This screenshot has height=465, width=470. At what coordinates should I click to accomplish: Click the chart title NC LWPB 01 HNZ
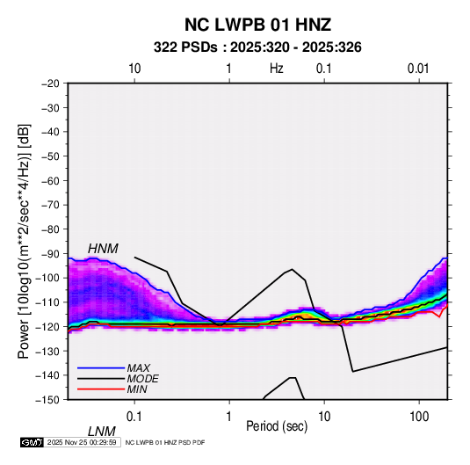coord(257,25)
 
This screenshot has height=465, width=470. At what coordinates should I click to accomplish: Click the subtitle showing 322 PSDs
coord(257,47)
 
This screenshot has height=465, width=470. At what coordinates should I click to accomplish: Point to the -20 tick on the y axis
coord(50,84)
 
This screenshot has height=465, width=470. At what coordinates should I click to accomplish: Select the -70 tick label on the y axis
coord(50,205)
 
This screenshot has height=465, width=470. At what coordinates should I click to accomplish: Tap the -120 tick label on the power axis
coord(48,326)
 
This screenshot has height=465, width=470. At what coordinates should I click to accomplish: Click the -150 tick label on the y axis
coord(48,400)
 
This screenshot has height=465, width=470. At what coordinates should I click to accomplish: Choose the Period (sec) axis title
coord(277,426)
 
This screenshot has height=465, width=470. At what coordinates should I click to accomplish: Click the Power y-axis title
coord(24,242)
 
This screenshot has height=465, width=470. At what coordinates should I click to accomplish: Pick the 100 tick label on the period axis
coord(419,417)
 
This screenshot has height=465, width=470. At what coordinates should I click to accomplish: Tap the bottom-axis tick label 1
coord(229,417)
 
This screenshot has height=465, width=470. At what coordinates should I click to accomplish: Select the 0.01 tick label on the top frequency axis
coord(418,69)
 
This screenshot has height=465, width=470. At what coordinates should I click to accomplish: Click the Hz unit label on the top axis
coord(277,69)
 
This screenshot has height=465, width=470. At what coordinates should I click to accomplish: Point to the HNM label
coord(103,249)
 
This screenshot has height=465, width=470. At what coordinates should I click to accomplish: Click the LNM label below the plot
coord(102,432)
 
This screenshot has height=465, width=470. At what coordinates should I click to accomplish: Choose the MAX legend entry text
coord(139,367)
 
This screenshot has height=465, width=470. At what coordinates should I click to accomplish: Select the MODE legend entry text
coord(142,379)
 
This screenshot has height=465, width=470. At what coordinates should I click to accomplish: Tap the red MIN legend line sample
coord(101,389)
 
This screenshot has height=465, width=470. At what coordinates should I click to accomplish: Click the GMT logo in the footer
coord(32,442)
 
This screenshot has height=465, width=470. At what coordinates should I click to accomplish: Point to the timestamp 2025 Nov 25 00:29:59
coord(82,442)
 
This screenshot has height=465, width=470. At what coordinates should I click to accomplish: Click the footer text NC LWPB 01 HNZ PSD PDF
coord(165,442)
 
